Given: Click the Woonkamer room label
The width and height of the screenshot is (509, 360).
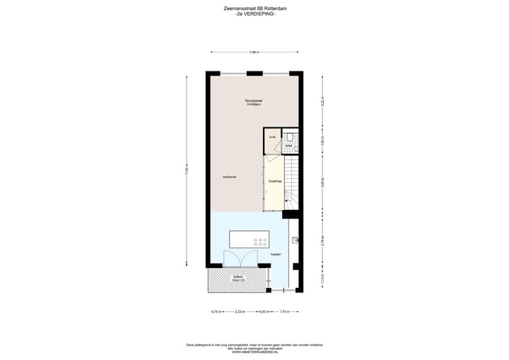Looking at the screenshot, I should pyautogui.click(x=253, y=102).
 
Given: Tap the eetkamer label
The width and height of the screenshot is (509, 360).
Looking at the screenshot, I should pyautogui.click(x=228, y=176).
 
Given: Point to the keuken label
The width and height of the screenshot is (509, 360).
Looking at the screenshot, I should pyautogui.click(x=276, y=254).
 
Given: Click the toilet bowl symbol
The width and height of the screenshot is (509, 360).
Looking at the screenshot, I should pyautogui.click(x=291, y=137).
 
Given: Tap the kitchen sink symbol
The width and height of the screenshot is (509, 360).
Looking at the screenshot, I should pyautogui.click(x=296, y=240).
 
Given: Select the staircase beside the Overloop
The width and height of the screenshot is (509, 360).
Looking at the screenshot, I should pyautogui.click(x=291, y=182).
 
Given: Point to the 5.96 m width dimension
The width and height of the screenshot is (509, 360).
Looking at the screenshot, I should pyautogui.click(x=254, y=52).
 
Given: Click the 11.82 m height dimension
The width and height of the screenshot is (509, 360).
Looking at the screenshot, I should pyautogui.click(x=187, y=170).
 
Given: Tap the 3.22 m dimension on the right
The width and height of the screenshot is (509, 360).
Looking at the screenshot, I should pyautogui.click(x=322, y=100).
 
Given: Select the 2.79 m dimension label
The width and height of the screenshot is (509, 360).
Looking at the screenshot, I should pyautogui.click(x=322, y=243).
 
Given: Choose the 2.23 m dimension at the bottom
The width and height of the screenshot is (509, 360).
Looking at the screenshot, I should pyautogui.click(x=239, y=311).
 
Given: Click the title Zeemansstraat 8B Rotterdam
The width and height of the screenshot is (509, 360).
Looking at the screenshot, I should pyautogui.click(x=255, y=9).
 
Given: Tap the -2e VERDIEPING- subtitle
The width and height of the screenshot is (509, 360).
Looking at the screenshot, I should pyautogui.click(x=255, y=15).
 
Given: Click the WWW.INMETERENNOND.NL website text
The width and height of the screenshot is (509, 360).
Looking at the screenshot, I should pyautogui.click(x=255, y=352).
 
